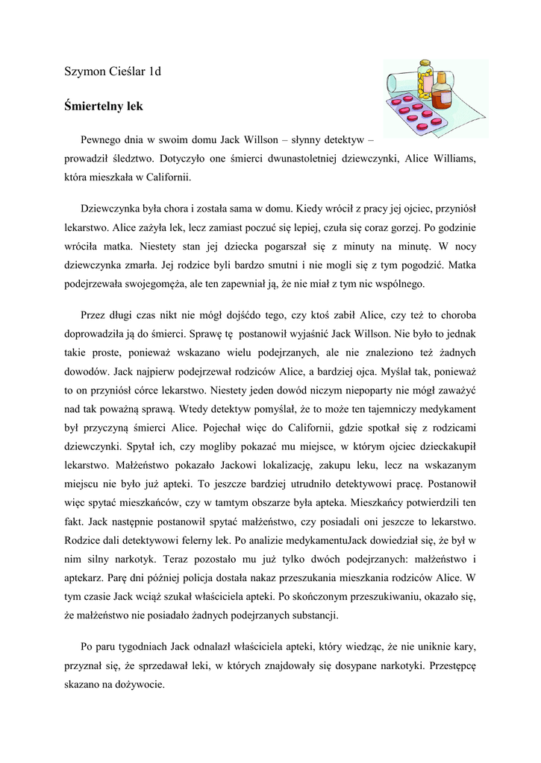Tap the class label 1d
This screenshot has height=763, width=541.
[x=155, y=72]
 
